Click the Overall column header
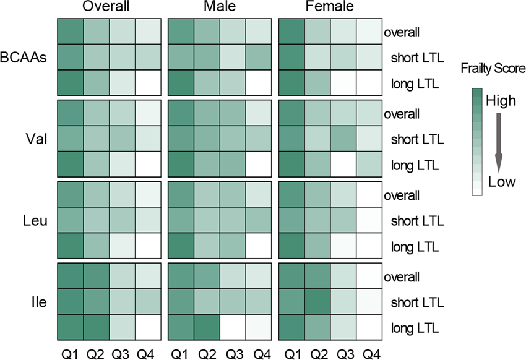[x=110, y=8]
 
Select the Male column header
[x=220, y=8]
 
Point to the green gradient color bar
[x=476, y=142]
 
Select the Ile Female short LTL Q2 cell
[x=317, y=302]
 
